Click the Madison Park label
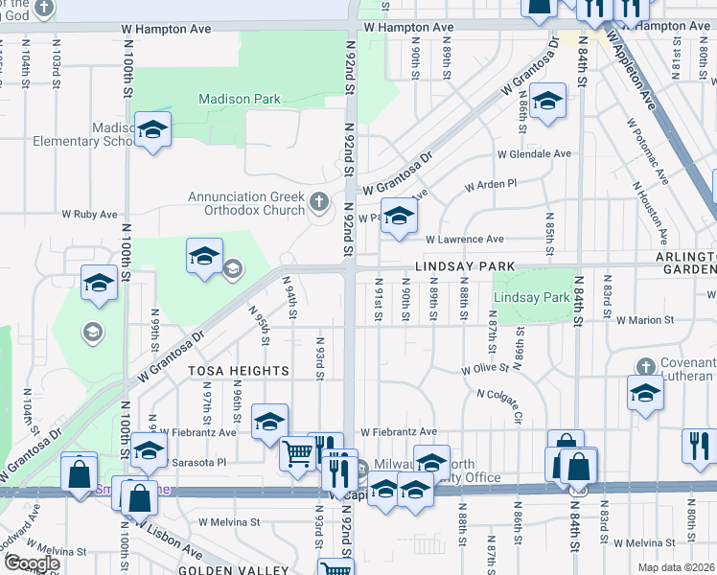[240, 99]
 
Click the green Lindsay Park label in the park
[532, 298]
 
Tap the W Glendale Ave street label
[534, 153]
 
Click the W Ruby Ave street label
[89, 215]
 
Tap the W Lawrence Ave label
[465, 239]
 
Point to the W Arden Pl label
[491, 183]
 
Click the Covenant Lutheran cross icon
[646, 366]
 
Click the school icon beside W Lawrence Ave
[399, 215]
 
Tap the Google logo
[31, 563]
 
